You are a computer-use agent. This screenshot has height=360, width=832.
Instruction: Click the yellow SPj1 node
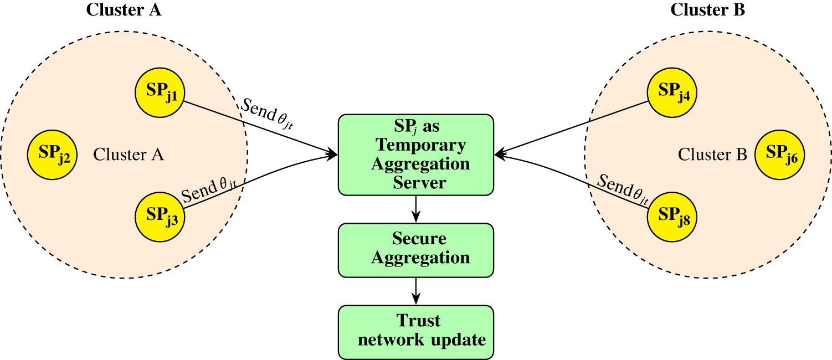click(160, 92)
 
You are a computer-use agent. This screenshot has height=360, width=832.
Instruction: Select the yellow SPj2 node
click(53, 155)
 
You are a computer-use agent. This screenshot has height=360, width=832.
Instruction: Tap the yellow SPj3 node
click(160, 217)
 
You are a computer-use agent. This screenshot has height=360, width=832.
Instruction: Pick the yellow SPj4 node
click(672, 92)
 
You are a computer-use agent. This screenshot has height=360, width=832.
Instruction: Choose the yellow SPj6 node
click(779, 155)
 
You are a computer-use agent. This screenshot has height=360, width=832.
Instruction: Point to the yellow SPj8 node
click(672, 217)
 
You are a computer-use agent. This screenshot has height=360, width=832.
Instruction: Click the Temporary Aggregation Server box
click(416, 155)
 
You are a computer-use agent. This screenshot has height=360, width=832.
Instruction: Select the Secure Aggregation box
click(416, 250)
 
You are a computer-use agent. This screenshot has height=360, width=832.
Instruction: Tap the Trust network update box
click(416, 332)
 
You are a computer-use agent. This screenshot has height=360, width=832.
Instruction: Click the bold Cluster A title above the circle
click(124, 9)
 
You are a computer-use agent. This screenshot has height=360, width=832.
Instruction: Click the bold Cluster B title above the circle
click(707, 9)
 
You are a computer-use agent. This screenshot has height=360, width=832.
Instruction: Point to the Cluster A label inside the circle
click(128, 155)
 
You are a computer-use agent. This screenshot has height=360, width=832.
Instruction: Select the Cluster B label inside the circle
click(712, 155)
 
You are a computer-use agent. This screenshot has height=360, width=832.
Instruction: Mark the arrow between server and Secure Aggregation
click(416, 209)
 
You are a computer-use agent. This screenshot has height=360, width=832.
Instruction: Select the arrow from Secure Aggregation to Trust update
click(416, 291)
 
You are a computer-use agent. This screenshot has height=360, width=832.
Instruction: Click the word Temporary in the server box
click(421, 145)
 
